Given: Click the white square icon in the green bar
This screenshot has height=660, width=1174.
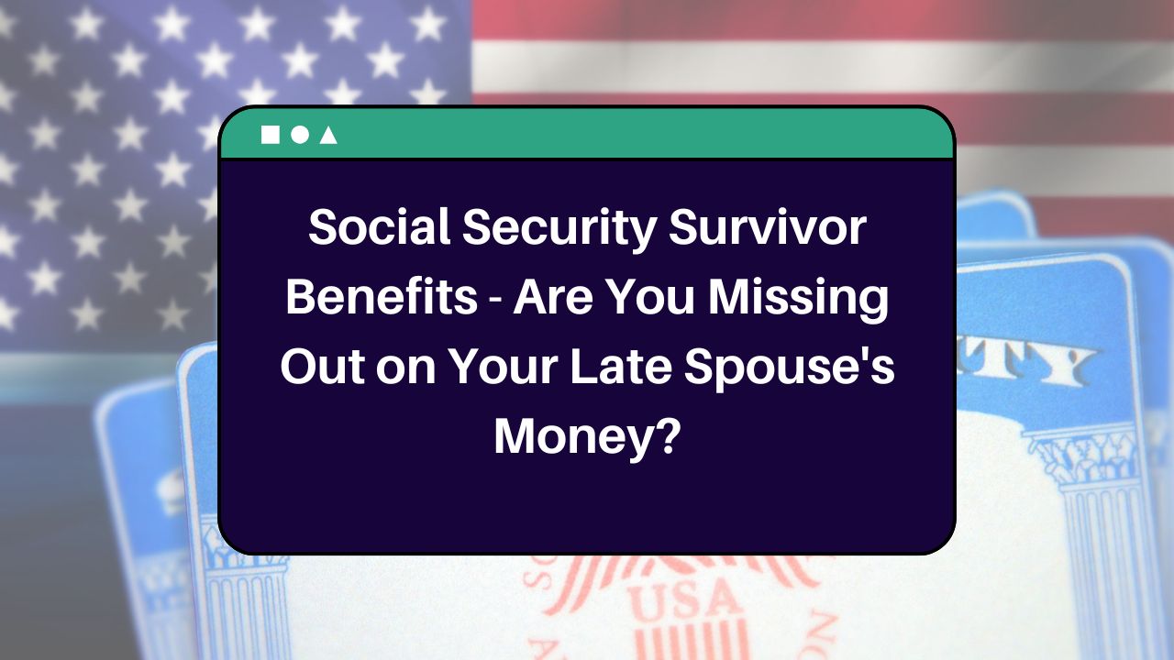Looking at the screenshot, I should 270,135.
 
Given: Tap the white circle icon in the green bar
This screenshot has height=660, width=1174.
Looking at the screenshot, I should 299,135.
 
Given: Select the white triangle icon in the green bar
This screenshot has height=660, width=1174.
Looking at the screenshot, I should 328,136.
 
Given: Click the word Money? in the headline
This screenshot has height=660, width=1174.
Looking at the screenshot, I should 587,438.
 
